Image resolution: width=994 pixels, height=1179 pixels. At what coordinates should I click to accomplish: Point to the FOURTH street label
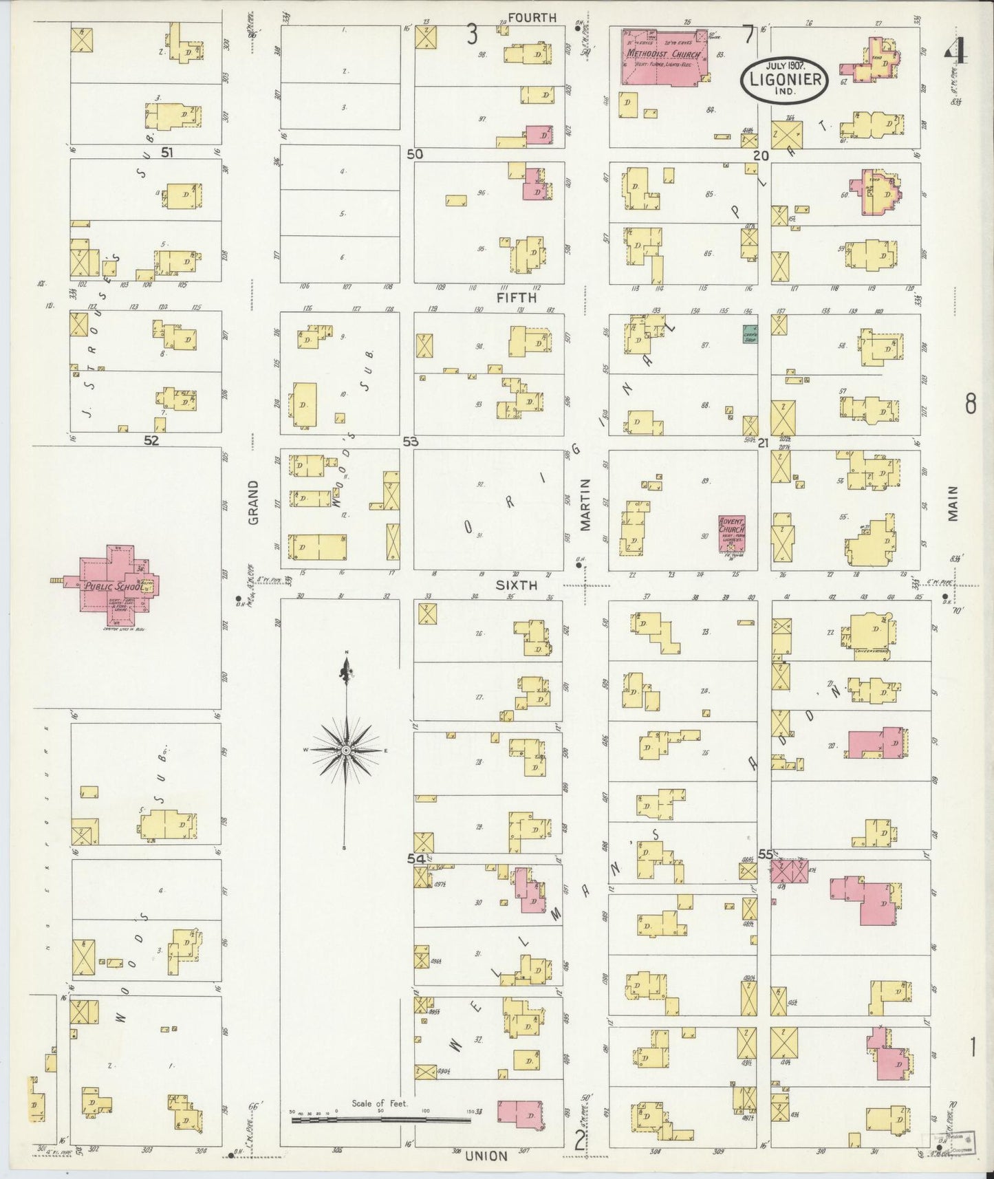[x=532, y=17]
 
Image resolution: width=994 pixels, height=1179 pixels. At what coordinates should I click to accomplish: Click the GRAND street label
[x=253, y=503]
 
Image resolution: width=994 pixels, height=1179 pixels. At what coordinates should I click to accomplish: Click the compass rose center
[x=346, y=748]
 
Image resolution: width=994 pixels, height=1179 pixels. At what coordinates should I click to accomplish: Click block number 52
[x=151, y=441]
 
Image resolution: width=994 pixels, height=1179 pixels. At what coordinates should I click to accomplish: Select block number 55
[x=766, y=854]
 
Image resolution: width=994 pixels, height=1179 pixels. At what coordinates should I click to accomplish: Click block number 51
[x=166, y=152]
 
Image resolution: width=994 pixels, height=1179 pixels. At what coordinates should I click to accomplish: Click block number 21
[x=763, y=444]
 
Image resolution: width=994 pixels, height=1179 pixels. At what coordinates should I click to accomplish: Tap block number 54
[x=415, y=858]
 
